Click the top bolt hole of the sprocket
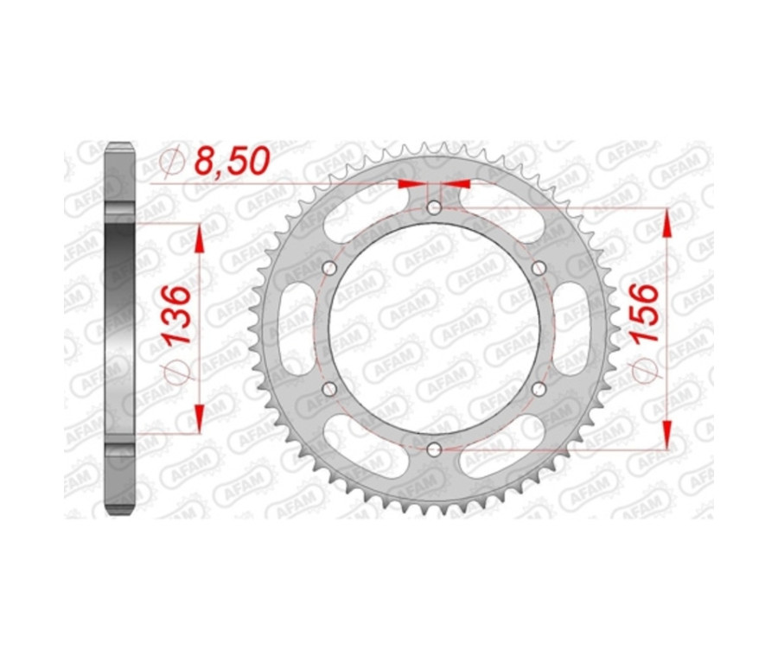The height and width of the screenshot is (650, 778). coord(434,207)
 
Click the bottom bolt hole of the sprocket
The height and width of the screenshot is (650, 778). coord(434,449)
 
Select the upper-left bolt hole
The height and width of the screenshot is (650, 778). coord(328,269)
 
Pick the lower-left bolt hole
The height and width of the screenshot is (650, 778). coord(328,389)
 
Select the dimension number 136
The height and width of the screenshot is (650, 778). coord(175,315)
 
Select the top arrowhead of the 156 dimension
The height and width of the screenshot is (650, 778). coord(666,223)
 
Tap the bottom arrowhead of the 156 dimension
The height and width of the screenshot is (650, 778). coord(666,434)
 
